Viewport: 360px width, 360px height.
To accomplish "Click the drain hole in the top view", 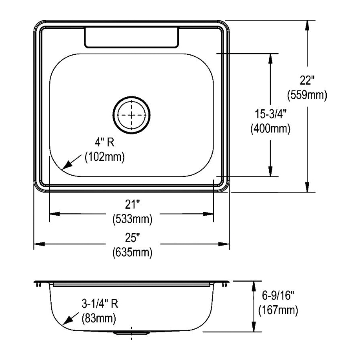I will click(132, 115).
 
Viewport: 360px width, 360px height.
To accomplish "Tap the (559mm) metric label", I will click(307, 95).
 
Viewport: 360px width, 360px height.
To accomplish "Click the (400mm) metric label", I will click(270, 129).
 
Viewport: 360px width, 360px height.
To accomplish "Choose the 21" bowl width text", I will click(132, 205).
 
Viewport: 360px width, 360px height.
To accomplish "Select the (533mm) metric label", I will click(132, 219).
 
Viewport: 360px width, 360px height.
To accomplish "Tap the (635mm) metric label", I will click(132, 252).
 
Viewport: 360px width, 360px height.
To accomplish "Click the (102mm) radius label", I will click(105, 156).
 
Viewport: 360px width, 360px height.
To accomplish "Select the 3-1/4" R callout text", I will click(100, 304).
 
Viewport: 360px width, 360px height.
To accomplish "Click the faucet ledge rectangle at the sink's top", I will click(131, 38).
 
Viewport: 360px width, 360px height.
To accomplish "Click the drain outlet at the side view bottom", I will click(132, 333).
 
